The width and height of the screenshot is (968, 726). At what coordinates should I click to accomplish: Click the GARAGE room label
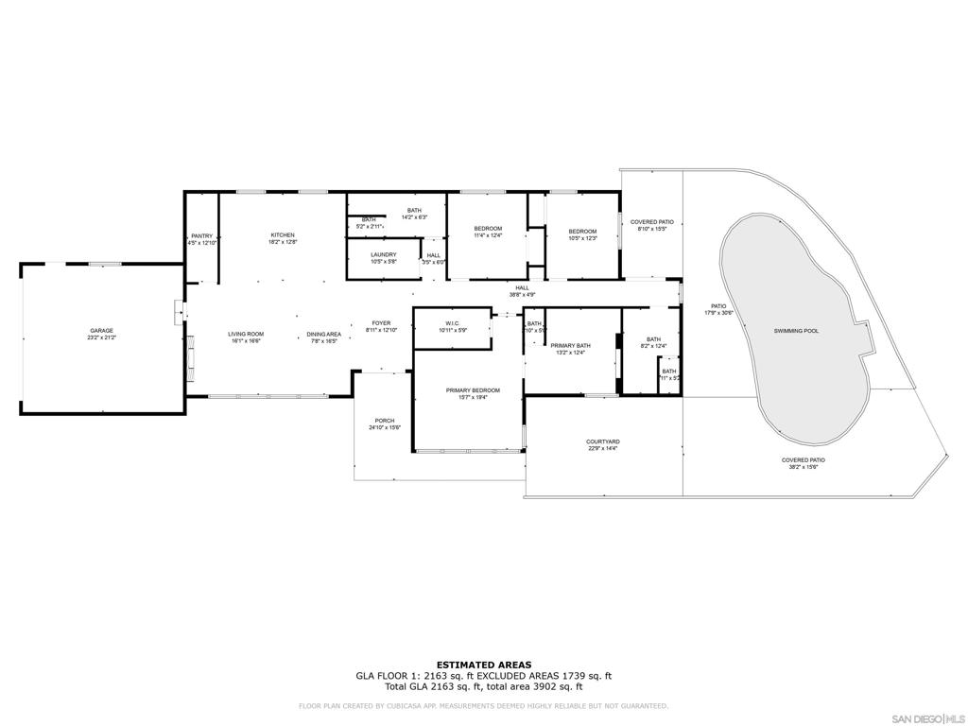[102, 331]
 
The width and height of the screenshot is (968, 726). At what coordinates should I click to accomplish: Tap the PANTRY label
[201, 236]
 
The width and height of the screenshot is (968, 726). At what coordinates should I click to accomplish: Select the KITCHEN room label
[283, 235]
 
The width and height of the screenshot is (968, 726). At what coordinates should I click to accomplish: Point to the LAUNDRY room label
[383, 254]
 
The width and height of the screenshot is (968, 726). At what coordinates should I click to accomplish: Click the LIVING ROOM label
[245, 334]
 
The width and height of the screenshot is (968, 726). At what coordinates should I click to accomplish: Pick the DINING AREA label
[323, 334]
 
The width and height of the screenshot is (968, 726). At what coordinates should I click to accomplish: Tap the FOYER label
[381, 323]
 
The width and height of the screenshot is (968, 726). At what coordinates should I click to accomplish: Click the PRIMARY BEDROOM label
[473, 390]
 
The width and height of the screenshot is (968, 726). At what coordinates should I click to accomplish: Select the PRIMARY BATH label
[571, 346]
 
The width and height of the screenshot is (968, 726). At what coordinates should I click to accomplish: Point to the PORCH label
[385, 421]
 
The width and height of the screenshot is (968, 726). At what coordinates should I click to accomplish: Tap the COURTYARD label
[602, 441]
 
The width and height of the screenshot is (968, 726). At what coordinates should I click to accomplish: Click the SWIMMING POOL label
[796, 331]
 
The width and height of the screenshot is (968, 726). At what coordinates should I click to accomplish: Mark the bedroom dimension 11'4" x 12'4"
[488, 235]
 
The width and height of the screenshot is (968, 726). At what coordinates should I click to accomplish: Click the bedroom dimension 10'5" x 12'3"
[582, 238]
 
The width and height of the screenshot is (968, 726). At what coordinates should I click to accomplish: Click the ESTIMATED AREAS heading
[483, 665]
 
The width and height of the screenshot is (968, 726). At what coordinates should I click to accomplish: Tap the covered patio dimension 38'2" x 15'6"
[804, 467]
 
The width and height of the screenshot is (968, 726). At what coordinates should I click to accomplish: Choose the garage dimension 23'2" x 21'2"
[102, 337]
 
